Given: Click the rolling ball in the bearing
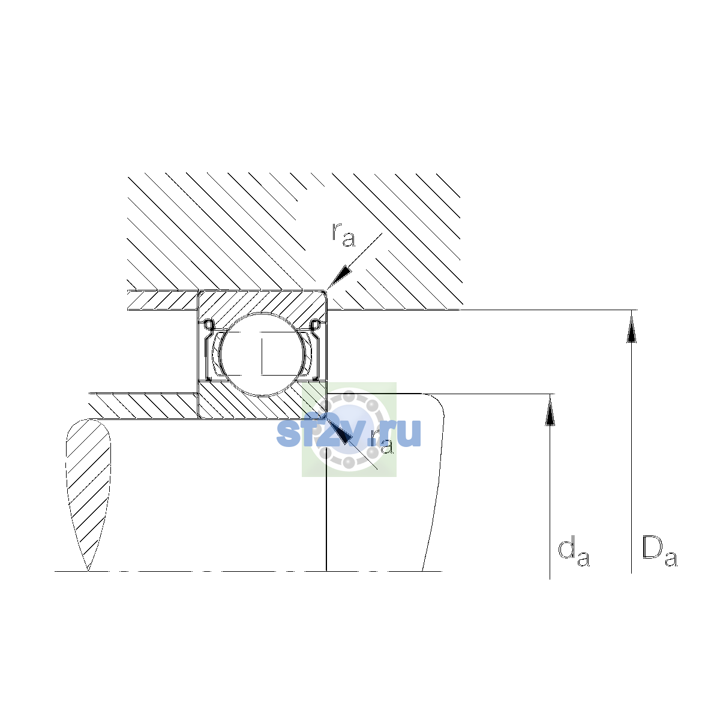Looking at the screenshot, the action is pyautogui.click(x=262, y=354).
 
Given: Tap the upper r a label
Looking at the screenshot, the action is pyautogui.click(x=343, y=235).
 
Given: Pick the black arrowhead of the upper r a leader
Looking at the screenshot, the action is pyautogui.click(x=338, y=278).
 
